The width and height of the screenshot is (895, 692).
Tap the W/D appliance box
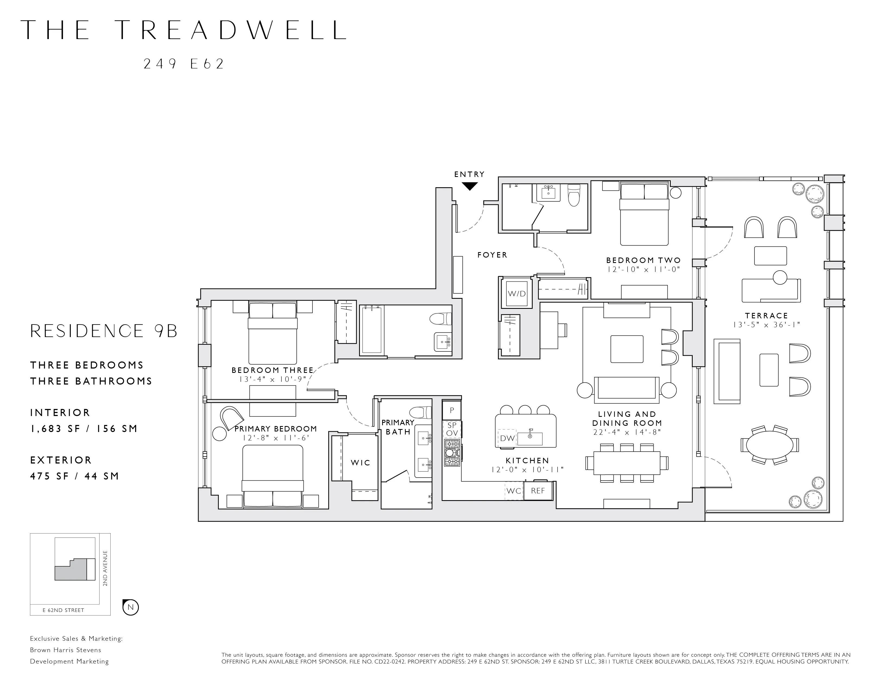516,294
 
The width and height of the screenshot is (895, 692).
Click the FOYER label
492,255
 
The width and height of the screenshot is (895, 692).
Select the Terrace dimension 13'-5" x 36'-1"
766,325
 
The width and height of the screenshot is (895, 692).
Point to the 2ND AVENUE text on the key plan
105,568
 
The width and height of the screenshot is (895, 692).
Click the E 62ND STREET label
63,610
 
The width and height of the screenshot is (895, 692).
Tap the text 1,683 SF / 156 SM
84,429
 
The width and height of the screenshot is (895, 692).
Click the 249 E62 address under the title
184,64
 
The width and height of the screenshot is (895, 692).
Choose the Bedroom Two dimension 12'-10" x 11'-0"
643,269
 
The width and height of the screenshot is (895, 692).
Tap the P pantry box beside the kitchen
452,410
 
